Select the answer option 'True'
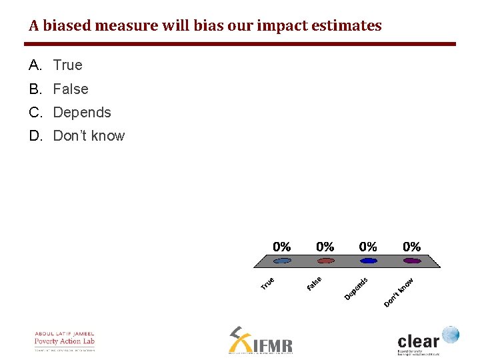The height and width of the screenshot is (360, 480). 68,65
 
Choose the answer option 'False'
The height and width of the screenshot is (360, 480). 71,89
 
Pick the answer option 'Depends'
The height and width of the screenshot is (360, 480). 82,112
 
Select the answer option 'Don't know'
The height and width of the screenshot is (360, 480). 89,136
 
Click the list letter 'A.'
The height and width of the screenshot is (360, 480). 36,65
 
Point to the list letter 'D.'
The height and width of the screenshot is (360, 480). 36,136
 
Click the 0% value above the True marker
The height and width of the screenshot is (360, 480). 282,247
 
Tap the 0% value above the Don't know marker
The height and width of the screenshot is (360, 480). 412,247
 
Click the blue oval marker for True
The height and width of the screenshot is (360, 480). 282,261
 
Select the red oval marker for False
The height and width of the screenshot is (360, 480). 325,261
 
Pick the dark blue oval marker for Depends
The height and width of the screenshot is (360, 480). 369,261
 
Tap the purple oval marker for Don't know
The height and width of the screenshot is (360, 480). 412,261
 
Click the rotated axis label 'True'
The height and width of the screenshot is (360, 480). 267,283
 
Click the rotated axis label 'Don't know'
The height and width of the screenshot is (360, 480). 399,293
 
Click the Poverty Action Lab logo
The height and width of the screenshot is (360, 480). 65,340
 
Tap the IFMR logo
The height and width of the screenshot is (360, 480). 261,341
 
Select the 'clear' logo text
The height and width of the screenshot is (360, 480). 419,339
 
